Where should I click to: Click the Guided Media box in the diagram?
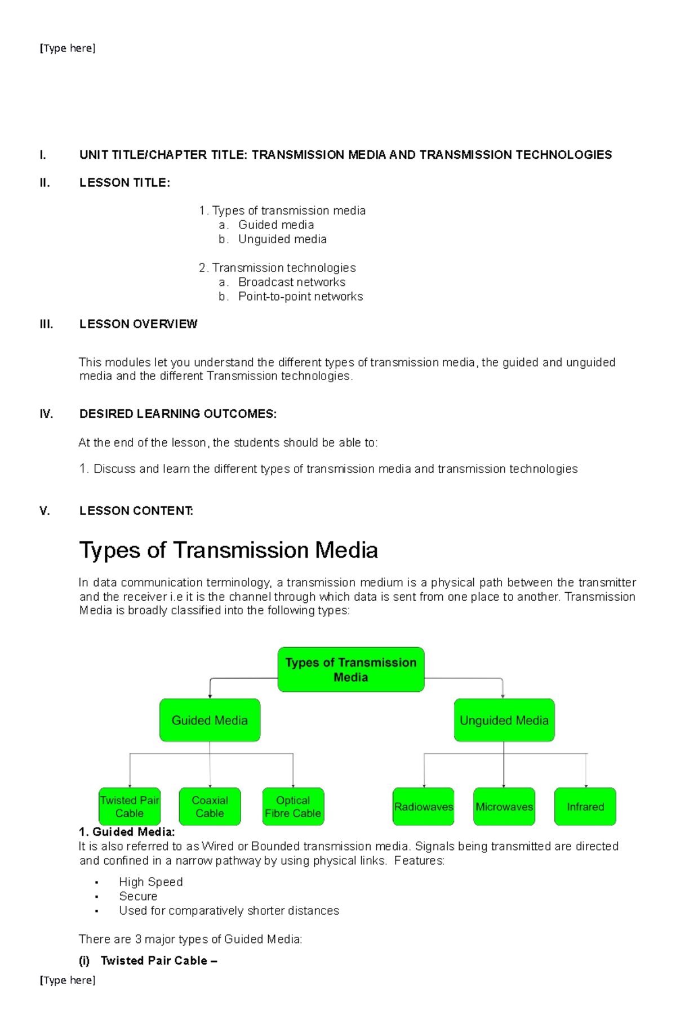[x=210, y=720]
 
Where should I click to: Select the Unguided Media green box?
[x=504, y=720]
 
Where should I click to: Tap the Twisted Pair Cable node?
[x=130, y=806]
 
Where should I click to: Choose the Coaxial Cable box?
[x=210, y=806]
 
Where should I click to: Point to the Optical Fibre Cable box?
[x=293, y=806]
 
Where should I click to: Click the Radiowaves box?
[x=423, y=806]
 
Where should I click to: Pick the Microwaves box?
[x=504, y=806]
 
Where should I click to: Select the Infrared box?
[x=585, y=806]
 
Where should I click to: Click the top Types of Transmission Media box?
[x=350, y=669]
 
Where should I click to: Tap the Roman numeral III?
[x=46, y=324]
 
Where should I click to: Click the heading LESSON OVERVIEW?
[x=138, y=324]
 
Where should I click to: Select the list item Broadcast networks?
[x=291, y=282]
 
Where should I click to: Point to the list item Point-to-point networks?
[x=300, y=296]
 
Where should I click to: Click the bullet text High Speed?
[x=150, y=882]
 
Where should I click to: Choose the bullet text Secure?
[x=138, y=896]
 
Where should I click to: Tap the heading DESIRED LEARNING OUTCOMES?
[x=177, y=414]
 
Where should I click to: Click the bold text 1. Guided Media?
[x=127, y=831]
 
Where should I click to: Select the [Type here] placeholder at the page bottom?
[x=68, y=980]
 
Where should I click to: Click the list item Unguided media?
[x=282, y=239]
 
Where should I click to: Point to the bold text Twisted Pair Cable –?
[x=158, y=960]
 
